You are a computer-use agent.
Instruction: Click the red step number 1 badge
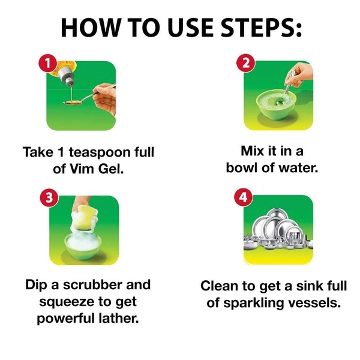(47, 63)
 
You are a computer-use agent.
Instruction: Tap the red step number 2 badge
(246, 63)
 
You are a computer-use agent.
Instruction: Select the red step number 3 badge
(49, 197)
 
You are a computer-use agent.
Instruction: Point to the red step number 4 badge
(244, 197)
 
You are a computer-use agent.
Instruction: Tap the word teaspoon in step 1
(100, 153)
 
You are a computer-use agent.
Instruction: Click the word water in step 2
(298, 168)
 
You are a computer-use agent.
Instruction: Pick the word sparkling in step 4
(254, 304)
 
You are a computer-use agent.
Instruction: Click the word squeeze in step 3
(67, 302)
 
